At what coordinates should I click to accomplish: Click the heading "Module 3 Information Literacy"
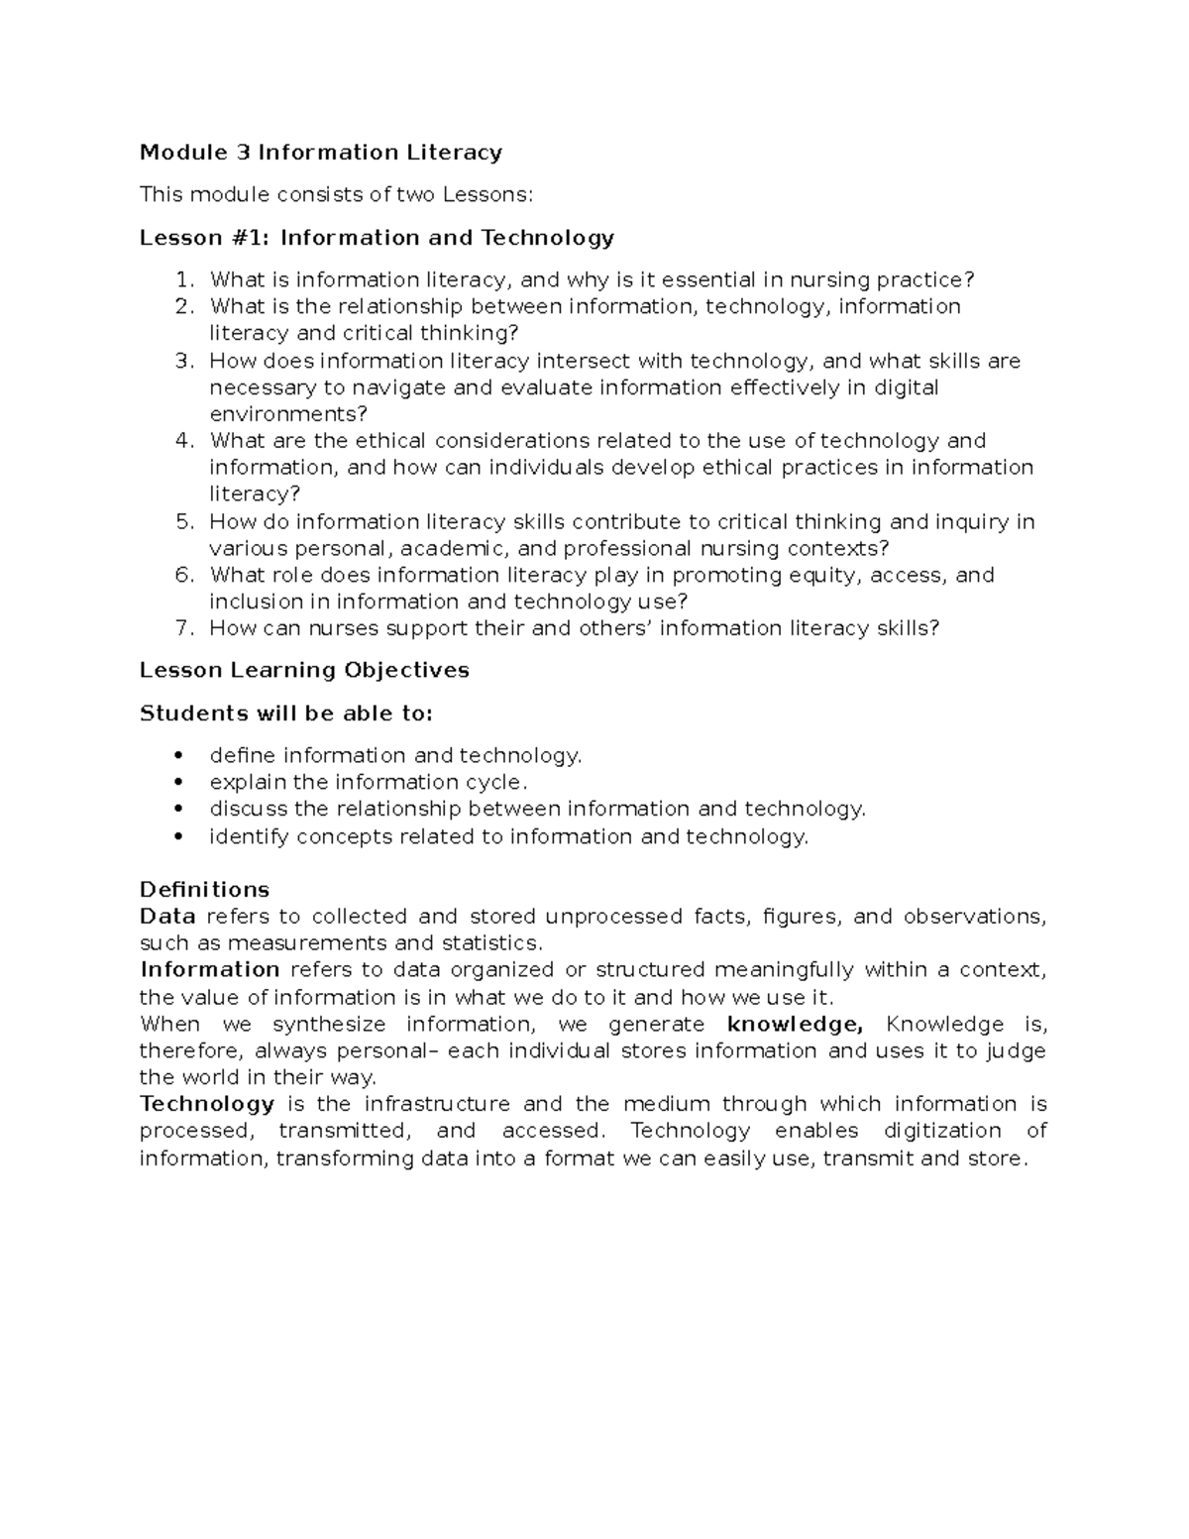(x=320, y=153)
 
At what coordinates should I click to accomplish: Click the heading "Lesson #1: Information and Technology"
(x=377, y=238)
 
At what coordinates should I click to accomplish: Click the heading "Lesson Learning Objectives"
(x=304, y=671)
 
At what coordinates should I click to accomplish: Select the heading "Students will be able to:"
(x=286, y=714)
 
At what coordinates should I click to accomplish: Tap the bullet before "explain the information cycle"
(x=178, y=783)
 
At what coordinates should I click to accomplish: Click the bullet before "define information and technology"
(x=178, y=756)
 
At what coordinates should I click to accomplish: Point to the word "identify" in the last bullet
(x=249, y=837)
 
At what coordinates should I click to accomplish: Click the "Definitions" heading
(x=204, y=889)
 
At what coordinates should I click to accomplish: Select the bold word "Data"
(x=167, y=917)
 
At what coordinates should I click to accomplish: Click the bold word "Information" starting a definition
(x=209, y=970)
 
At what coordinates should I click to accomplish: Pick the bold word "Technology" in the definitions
(x=206, y=1104)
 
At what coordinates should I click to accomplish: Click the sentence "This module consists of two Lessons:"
(x=336, y=195)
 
